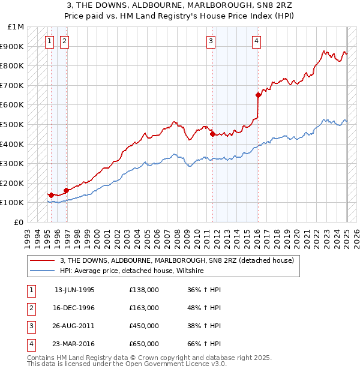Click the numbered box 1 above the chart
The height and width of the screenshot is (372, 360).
click(x=49, y=41)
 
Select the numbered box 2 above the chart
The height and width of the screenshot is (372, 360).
click(x=64, y=41)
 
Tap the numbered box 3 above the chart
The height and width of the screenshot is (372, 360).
click(x=211, y=41)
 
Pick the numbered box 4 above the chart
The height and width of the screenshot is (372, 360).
click(x=256, y=41)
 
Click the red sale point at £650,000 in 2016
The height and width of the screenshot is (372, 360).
click(x=258, y=95)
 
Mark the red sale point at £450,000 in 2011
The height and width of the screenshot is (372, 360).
click(x=212, y=134)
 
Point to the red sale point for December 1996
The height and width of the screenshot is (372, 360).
click(x=66, y=190)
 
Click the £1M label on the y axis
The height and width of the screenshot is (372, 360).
click(x=16, y=27)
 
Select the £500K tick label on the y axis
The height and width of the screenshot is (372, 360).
click(x=13, y=124)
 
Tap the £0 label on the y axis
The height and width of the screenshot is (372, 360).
click(x=19, y=222)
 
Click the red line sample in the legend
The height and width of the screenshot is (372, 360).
click(x=42, y=261)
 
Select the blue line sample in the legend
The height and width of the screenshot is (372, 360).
click(x=42, y=271)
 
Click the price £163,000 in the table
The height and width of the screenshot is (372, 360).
click(x=144, y=308)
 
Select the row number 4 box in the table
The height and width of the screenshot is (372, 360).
click(x=30, y=344)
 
